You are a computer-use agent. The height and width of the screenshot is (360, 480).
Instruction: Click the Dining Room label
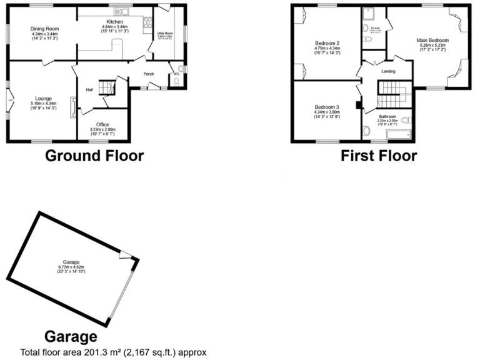[x=44, y=29]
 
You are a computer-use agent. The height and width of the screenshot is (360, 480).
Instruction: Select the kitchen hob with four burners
[x=148, y=24]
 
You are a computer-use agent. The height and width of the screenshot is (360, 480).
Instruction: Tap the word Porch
[x=149, y=74]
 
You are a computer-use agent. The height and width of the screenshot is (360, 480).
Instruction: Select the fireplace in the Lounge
[x=74, y=107]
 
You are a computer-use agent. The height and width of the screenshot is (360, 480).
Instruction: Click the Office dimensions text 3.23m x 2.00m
[x=102, y=129]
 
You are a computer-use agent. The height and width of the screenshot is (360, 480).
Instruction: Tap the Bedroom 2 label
[x=327, y=43]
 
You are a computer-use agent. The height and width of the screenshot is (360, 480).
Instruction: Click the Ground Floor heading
[x=94, y=156]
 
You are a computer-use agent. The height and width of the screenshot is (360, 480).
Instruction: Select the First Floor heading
[x=378, y=156]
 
